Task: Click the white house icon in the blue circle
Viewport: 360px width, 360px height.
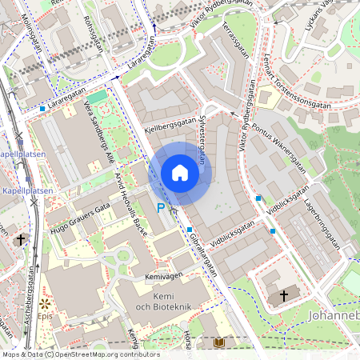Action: pyautogui.click(x=180, y=173)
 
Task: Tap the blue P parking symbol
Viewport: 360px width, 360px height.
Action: pyautogui.click(x=160, y=208)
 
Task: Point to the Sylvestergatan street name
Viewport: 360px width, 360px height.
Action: pyautogui.click(x=201, y=138)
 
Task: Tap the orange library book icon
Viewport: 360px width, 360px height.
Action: pyautogui.click(x=219, y=342)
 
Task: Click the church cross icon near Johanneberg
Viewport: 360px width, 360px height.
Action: pyautogui.click(x=283, y=296)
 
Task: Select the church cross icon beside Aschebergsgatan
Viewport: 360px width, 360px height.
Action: pyautogui.click(x=20, y=239)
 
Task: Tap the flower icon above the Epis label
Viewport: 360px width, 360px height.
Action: pyautogui.click(x=44, y=305)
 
